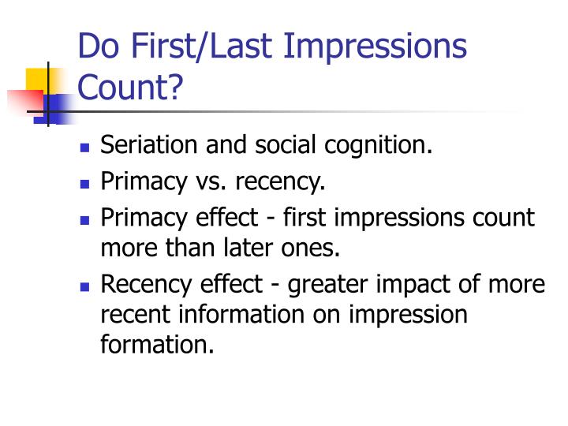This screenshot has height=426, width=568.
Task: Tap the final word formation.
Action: [x=158, y=344]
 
